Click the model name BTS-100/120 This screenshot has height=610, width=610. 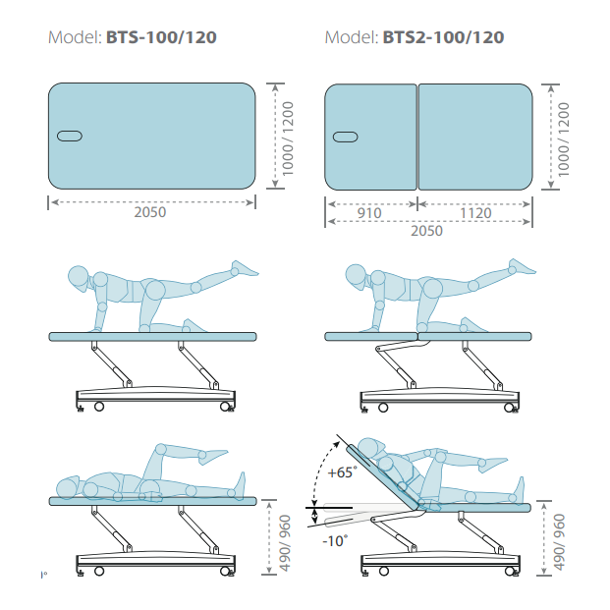161,37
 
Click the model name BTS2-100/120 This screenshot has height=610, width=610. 443,37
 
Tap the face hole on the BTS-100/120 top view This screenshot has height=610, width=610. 70,137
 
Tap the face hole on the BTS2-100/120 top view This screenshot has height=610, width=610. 346,137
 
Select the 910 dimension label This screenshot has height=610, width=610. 369,213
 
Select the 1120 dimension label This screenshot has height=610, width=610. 475,213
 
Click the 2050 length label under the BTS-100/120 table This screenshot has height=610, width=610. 150,212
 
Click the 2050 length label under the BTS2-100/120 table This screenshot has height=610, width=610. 426,231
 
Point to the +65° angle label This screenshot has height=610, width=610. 343,472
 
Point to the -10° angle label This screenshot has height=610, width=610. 335,541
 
